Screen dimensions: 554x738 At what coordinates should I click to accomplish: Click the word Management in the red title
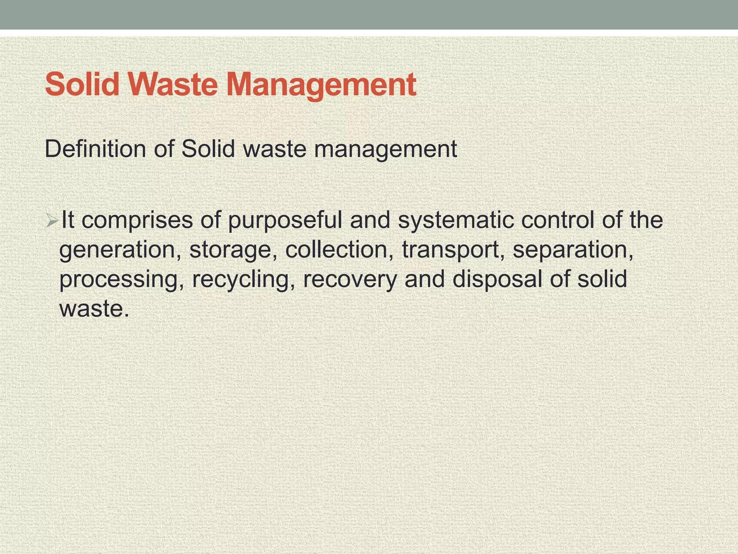(x=321, y=85)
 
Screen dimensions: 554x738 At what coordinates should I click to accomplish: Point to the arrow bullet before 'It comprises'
(x=52, y=221)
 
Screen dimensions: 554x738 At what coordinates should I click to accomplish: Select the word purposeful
(x=285, y=221)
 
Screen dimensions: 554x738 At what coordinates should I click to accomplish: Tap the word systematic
(x=455, y=221)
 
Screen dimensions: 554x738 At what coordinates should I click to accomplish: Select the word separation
(x=573, y=250)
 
